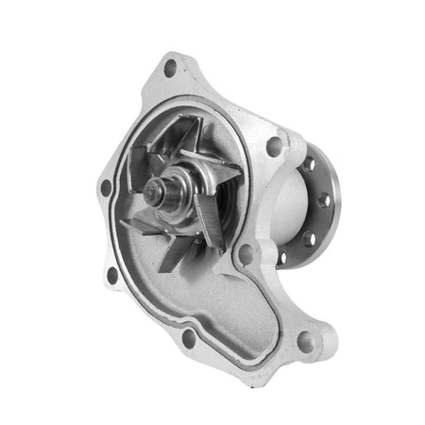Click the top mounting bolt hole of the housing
170,68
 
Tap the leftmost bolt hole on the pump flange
106,186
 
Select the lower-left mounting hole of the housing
113,275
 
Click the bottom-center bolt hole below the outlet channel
189,335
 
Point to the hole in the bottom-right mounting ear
304,341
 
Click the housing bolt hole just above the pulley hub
274,146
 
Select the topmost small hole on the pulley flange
309,162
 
